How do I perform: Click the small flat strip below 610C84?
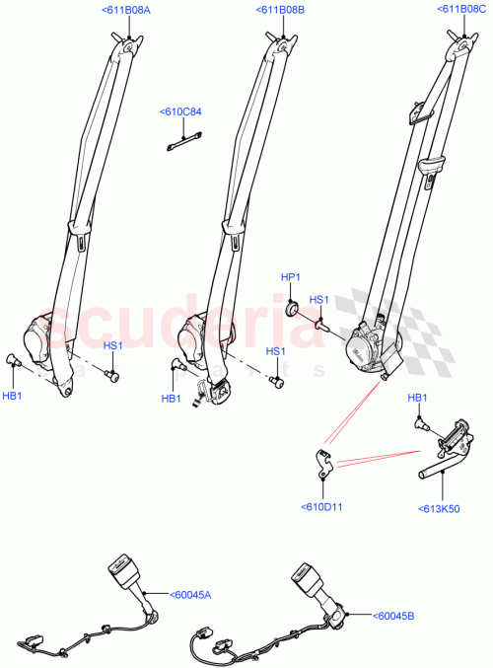178,145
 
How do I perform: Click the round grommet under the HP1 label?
291,311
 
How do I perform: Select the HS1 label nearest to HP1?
319,300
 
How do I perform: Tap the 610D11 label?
321,507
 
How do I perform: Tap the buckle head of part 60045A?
117,568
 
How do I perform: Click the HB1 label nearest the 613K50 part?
417,397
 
